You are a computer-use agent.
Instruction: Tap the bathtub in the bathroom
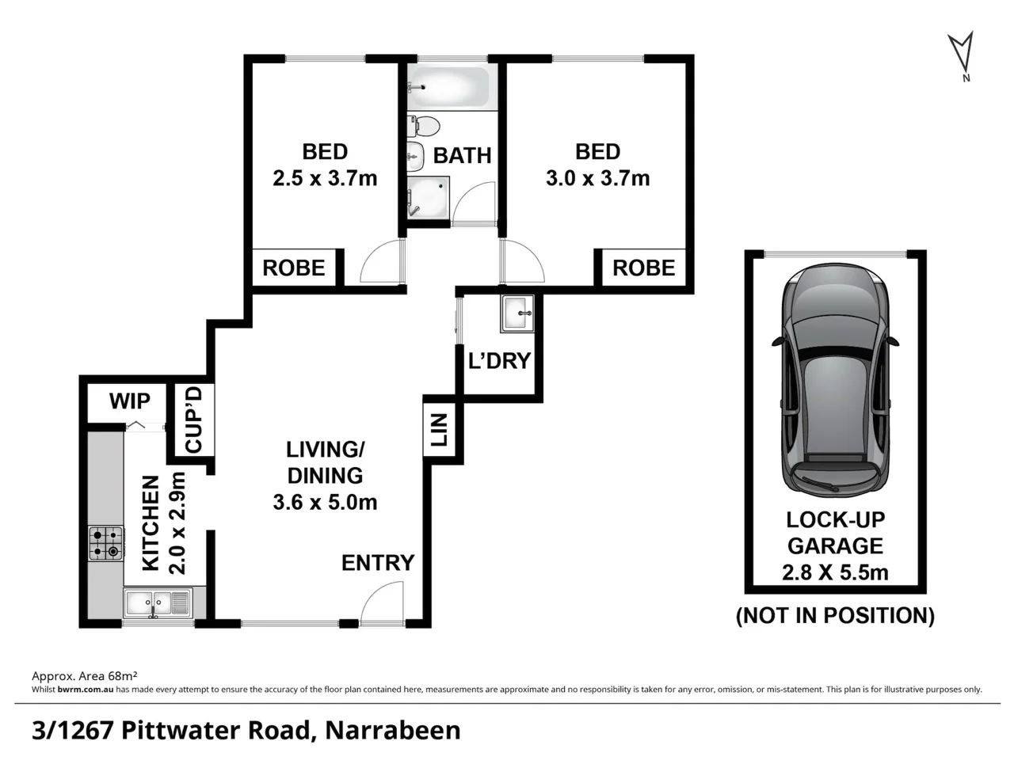click(x=448, y=87)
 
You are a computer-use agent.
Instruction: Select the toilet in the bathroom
click(x=425, y=127)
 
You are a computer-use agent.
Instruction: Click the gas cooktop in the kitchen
click(x=105, y=543)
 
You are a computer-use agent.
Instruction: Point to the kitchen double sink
click(x=157, y=603)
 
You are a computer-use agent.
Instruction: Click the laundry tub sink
click(x=519, y=313)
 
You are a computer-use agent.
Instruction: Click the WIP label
click(x=129, y=401)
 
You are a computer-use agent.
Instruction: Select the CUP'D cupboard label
click(x=194, y=420)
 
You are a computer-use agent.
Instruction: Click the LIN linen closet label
click(x=439, y=430)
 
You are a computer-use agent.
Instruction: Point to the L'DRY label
click(x=499, y=361)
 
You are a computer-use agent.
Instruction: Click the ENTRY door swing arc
click(x=383, y=602)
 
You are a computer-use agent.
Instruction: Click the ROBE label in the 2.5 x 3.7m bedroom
click(x=294, y=268)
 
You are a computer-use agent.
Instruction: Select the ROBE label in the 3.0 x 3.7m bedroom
click(x=643, y=268)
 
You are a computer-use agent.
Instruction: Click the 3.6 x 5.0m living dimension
click(x=325, y=502)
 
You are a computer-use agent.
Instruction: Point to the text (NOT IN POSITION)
click(x=835, y=615)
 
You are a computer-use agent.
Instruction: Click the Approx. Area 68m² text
click(x=85, y=676)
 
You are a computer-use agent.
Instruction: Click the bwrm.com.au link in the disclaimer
click(x=86, y=690)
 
